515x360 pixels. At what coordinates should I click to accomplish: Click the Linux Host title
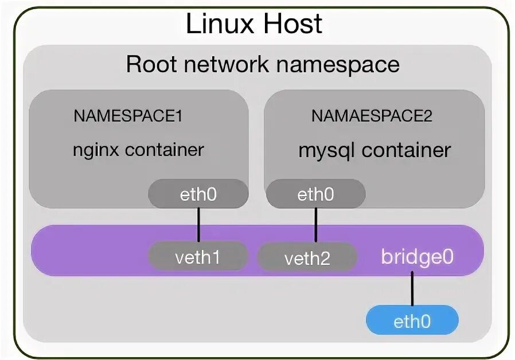pyautogui.click(x=254, y=25)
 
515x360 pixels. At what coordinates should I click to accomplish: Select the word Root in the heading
pyautogui.click(x=151, y=64)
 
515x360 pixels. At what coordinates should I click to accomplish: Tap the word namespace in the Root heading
pyautogui.click(x=338, y=64)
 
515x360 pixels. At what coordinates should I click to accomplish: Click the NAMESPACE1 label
pyautogui.click(x=128, y=116)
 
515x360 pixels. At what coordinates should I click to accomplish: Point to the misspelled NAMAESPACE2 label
pyautogui.click(x=372, y=116)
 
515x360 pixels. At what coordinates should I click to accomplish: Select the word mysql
pyautogui.click(x=327, y=151)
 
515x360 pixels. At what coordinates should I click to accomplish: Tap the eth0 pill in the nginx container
pyautogui.click(x=198, y=195)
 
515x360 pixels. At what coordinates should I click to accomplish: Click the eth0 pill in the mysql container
pyautogui.click(x=315, y=195)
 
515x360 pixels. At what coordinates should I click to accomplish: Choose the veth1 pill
pyautogui.click(x=198, y=257)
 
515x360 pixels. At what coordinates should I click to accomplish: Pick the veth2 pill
pyautogui.click(x=307, y=258)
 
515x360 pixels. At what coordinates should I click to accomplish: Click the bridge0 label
pyautogui.click(x=417, y=256)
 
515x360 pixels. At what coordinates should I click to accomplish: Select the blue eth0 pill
pyautogui.click(x=412, y=321)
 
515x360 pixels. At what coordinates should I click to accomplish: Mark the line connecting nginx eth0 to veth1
pyautogui.click(x=198, y=225)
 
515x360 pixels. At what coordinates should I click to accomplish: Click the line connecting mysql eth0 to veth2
pyautogui.click(x=315, y=225)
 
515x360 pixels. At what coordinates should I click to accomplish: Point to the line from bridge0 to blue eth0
pyautogui.click(x=412, y=290)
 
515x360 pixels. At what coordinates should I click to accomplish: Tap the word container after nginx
pyautogui.click(x=164, y=150)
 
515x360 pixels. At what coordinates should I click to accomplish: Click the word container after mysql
pyautogui.click(x=406, y=151)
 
